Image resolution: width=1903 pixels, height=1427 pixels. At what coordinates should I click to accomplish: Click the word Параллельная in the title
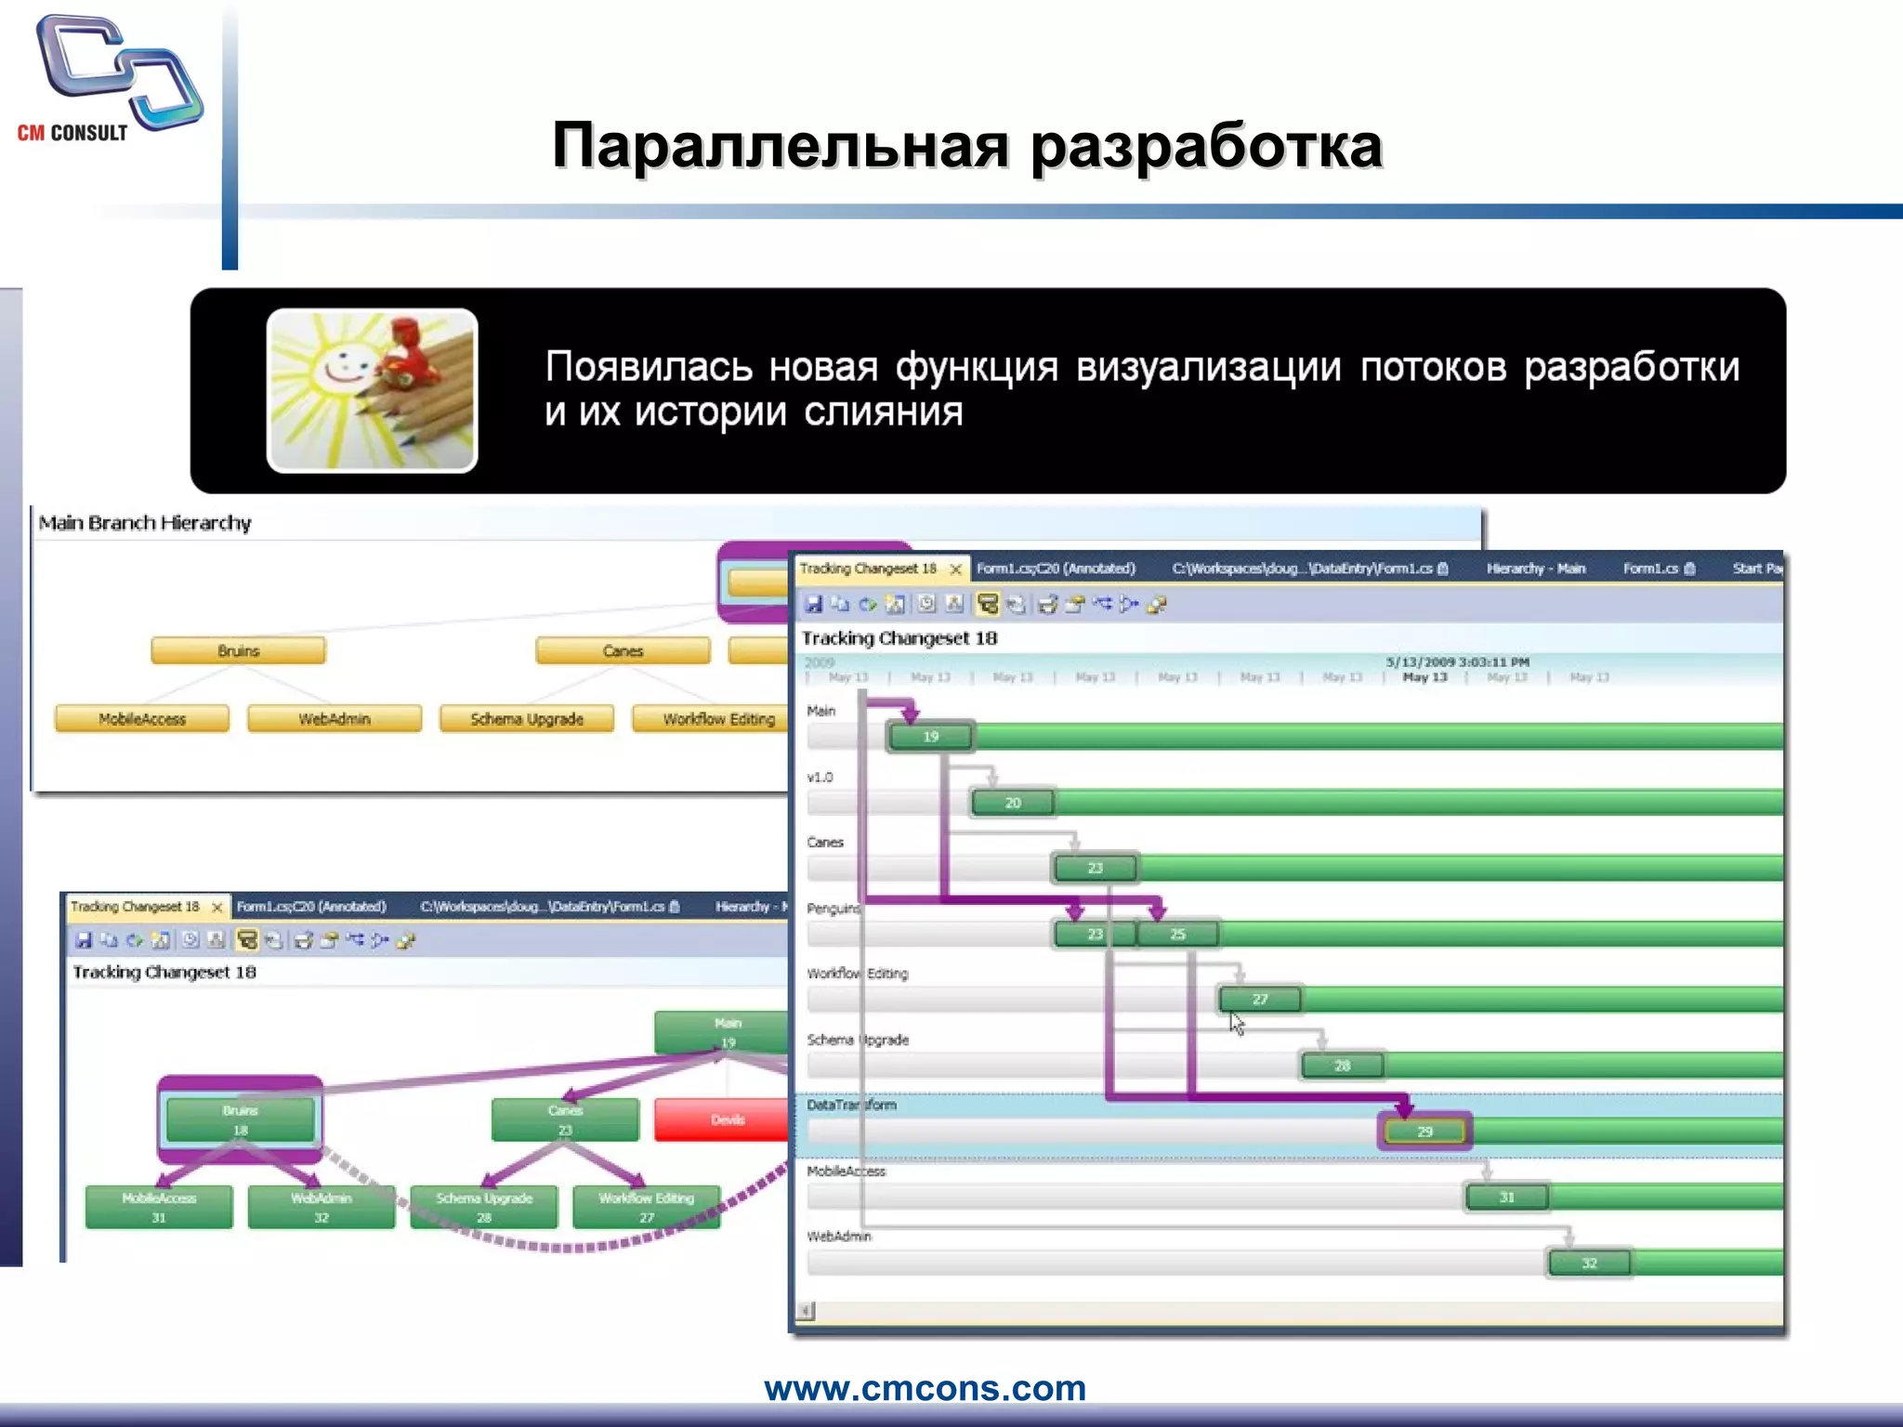[780, 146]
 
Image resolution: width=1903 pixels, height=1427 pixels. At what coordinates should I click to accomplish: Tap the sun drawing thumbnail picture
[372, 390]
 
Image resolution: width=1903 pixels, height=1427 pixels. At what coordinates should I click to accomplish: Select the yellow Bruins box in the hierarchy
[239, 650]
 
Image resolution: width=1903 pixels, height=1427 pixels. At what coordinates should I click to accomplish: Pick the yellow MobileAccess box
[142, 718]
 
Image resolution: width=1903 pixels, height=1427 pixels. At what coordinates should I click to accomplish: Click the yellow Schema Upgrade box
[527, 718]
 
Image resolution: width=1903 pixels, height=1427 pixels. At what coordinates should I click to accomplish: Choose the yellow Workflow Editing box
[711, 718]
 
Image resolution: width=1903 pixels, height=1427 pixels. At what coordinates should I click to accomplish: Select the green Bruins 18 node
[240, 1119]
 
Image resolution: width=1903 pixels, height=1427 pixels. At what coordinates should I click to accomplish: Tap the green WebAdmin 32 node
[321, 1207]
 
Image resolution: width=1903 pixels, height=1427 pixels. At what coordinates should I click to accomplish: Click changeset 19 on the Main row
[931, 737]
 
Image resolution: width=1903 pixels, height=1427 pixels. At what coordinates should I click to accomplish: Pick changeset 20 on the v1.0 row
[1013, 803]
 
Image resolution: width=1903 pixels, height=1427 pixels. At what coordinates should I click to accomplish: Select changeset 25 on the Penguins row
[1177, 934]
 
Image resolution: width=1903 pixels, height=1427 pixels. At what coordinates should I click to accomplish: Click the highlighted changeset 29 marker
[1424, 1132]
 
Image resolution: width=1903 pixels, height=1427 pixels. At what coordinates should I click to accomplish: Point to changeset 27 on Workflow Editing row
[1259, 1000]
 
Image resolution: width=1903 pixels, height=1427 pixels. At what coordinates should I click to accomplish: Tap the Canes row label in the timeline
[825, 843]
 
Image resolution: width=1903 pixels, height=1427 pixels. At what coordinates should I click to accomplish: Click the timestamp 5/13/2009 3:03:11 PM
[1457, 661]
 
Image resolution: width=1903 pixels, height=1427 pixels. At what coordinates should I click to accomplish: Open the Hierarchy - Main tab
[1535, 569]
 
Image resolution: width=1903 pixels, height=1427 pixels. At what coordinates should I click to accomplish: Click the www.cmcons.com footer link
[925, 1388]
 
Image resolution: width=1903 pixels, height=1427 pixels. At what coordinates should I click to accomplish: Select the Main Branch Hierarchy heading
[145, 523]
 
